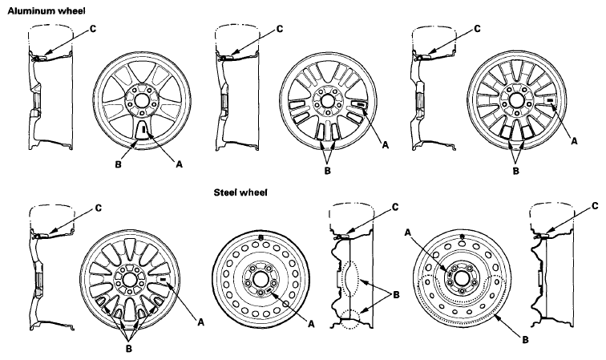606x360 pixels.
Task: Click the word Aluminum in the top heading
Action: (31, 11)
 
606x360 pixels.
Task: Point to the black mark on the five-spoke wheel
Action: (144, 130)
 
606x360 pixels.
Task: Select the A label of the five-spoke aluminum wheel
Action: (179, 164)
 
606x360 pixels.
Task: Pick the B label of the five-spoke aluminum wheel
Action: (119, 164)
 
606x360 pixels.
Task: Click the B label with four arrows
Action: (129, 349)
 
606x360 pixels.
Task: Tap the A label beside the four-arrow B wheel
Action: (200, 322)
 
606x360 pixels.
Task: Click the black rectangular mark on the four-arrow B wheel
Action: (162, 279)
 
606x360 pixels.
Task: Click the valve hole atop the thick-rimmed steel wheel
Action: (261, 238)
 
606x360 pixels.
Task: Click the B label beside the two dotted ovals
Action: (396, 295)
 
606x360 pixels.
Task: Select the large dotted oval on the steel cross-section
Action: (351, 278)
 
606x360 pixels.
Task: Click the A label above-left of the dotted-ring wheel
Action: (407, 233)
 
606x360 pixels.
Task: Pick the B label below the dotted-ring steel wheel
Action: (525, 340)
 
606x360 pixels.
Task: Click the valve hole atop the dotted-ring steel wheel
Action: (462, 237)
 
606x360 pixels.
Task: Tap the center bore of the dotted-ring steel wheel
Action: (462, 278)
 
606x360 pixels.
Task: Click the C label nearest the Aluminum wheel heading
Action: (93, 29)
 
